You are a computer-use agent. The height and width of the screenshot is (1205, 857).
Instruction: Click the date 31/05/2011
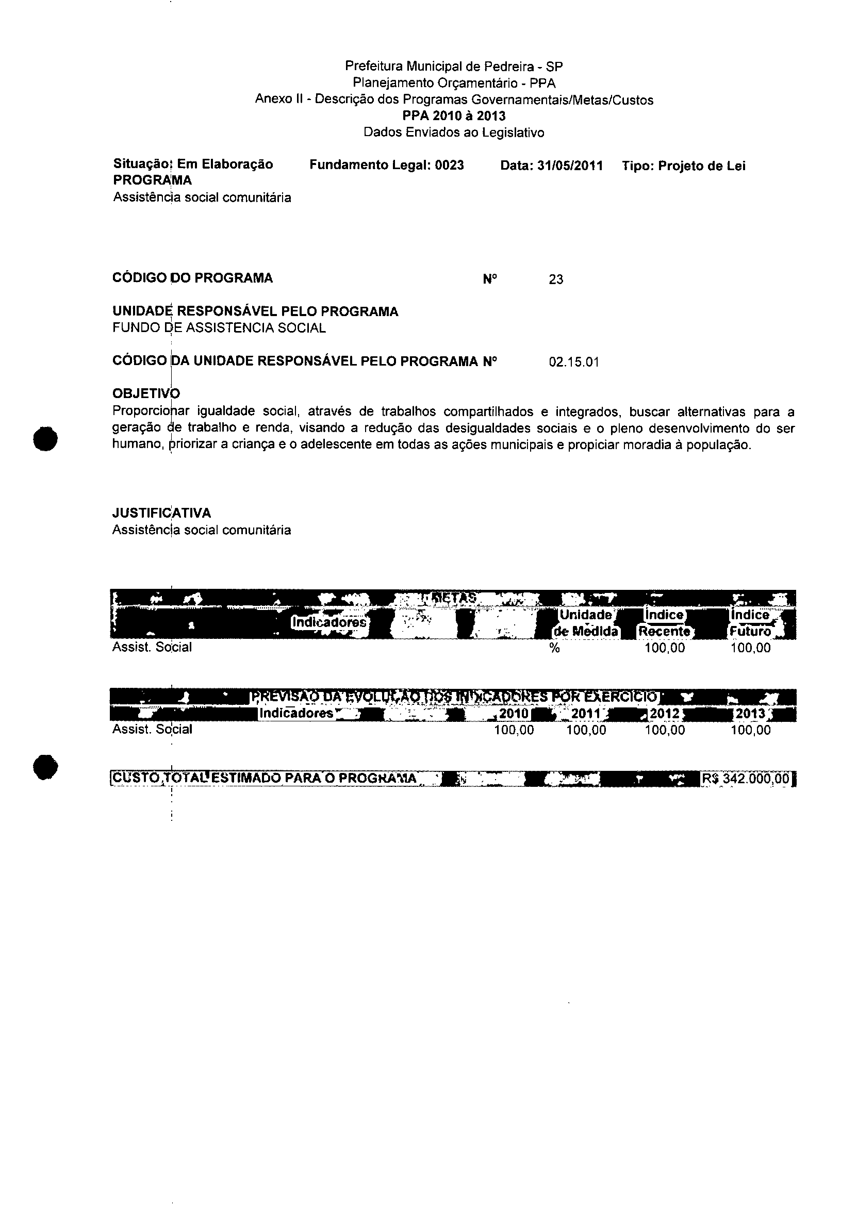pyautogui.click(x=569, y=166)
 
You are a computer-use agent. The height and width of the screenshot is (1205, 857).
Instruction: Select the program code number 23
pyautogui.click(x=556, y=279)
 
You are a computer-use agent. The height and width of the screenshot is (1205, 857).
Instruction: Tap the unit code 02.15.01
pyautogui.click(x=573, y=362)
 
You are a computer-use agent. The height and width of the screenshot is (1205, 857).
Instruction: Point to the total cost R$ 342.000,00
pyautogui.click(x=747, y=779)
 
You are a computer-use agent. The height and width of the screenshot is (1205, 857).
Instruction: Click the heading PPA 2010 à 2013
pyautogui.click(x=454, y=115)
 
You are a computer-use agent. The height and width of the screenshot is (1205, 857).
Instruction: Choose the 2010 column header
pyautogui.click(x=514, y=714)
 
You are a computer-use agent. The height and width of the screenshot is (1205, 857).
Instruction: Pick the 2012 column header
pyautogui.click(x=664, y=714)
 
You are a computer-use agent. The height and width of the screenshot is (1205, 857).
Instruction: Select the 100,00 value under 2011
pyautogui.click(x=586, y=730)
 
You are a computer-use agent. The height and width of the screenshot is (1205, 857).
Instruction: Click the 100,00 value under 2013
pyautogui.click(x=750, y=730)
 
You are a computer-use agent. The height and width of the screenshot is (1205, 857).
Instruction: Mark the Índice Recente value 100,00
pyautogui.click(x=664, y=648)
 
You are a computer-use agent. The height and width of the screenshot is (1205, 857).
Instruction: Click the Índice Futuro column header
pyautogui.click(x=750, y=623)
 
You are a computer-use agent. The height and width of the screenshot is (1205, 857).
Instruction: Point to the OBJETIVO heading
pyautogui.click(x=146, y=393)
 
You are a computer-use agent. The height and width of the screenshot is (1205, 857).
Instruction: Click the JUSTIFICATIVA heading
pyautogui.click(x=161, y=513)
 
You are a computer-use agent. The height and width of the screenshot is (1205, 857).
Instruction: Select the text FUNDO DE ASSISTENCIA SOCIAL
pyautogui.click(x=219, y=327)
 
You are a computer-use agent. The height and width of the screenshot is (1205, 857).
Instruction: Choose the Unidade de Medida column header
pyautogui.click(x=585, y=623)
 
